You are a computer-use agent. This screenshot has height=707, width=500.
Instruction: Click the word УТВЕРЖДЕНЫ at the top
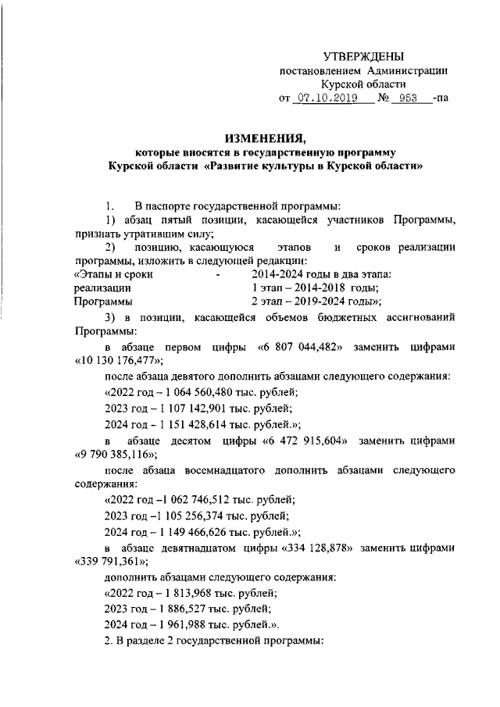click(364, 56)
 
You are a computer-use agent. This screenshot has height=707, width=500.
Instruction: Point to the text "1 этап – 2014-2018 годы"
click(309, 287)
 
